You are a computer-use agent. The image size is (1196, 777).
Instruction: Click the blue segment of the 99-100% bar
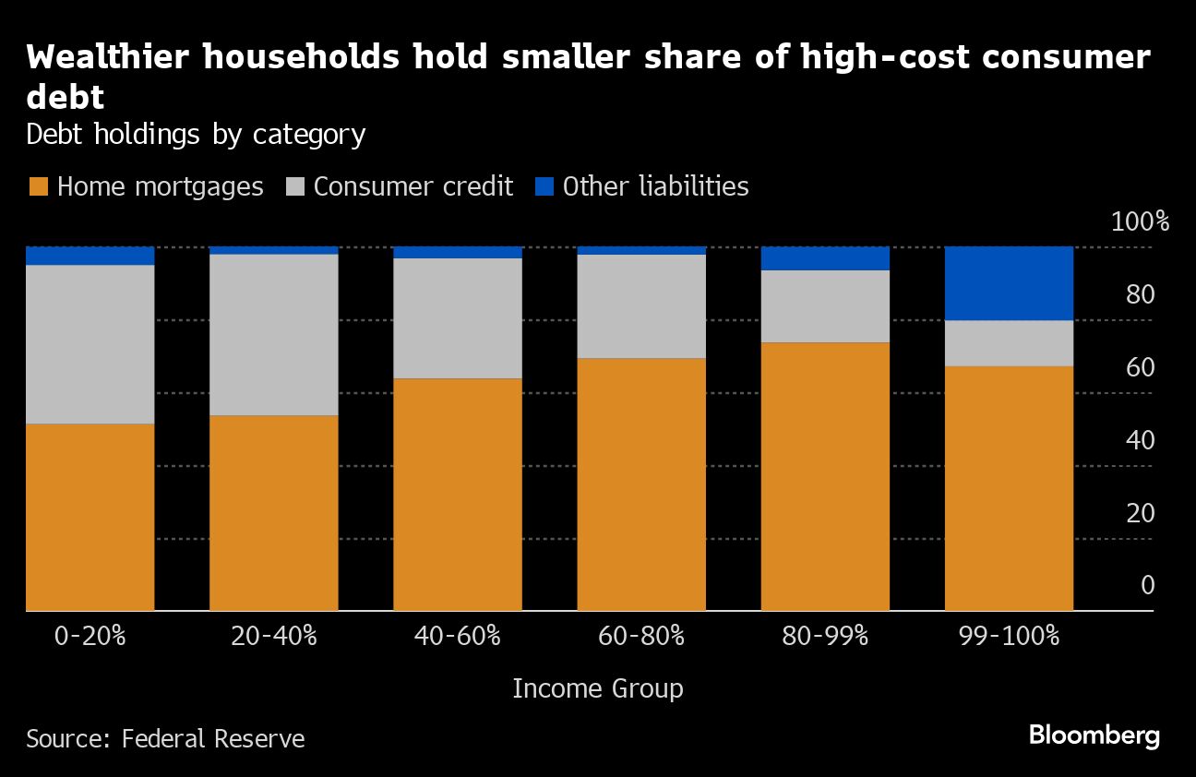click(1009, 283)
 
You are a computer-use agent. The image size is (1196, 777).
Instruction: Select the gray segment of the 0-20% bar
click(90, 344)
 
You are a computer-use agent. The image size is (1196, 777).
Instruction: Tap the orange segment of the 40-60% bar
click(458, 495)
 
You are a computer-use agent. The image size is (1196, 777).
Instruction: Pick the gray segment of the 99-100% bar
click(1009, 343)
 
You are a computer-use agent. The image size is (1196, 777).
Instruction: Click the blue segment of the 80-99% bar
click(825, 258)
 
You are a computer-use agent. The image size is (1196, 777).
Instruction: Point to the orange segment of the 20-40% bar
click(273, 513)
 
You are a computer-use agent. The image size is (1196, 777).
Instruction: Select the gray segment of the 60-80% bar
click(641, 306)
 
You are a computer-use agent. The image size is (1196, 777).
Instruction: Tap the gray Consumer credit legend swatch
click(293, 187)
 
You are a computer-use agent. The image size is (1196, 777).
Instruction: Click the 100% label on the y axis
click(1140, 222)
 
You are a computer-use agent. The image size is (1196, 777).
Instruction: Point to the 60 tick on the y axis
click(1141, 367)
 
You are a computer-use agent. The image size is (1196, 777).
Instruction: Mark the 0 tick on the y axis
click(1147, 585)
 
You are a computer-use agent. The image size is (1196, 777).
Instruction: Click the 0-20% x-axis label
click(90, 636)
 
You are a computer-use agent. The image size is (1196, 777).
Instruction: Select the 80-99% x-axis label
click(825, 636)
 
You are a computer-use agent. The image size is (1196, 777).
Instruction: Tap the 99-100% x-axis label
click(1009, 636)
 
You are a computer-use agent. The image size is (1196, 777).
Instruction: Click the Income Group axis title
click(597, 688)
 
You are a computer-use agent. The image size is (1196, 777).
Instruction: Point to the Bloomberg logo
click(1094, 736)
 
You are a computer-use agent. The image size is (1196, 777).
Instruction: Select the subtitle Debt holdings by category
click(196, 135)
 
